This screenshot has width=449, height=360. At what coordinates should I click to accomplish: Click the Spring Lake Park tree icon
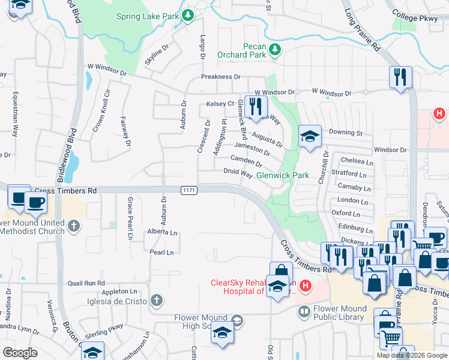pyautogui.click(x=188, y=15)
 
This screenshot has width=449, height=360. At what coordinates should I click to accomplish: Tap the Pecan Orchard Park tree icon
pyautogui.click(x=275, y=49)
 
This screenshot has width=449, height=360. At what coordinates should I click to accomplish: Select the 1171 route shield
pyautogui.click(x=188, y=190)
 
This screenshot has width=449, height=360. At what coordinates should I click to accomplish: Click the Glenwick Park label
pyautogui.click(x=282, y=176)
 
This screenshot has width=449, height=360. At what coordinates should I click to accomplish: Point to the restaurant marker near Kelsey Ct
pyautogui.click(x=256, y=107)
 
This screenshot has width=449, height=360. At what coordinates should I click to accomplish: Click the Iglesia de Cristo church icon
pyautogui.click(x=155, y=300)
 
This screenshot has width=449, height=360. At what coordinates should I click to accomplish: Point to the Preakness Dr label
pyautogui.click(x=220, y=77)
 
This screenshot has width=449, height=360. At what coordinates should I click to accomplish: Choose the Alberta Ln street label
pyautogui.click(x=162, y=232)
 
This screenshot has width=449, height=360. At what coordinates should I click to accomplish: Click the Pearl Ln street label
pyautogui.click(x=161, y=253)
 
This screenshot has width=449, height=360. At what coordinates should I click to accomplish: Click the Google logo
pyautogui.click(x=20, y=352)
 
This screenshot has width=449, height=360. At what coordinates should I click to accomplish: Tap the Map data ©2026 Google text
pyautogui.click(x=412, y=355)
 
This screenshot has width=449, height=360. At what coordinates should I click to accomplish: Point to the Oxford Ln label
pyautogui.click(x=345, y=214)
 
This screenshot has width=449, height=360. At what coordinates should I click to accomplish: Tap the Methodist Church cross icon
pyautogui.click(x=73, y=226)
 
